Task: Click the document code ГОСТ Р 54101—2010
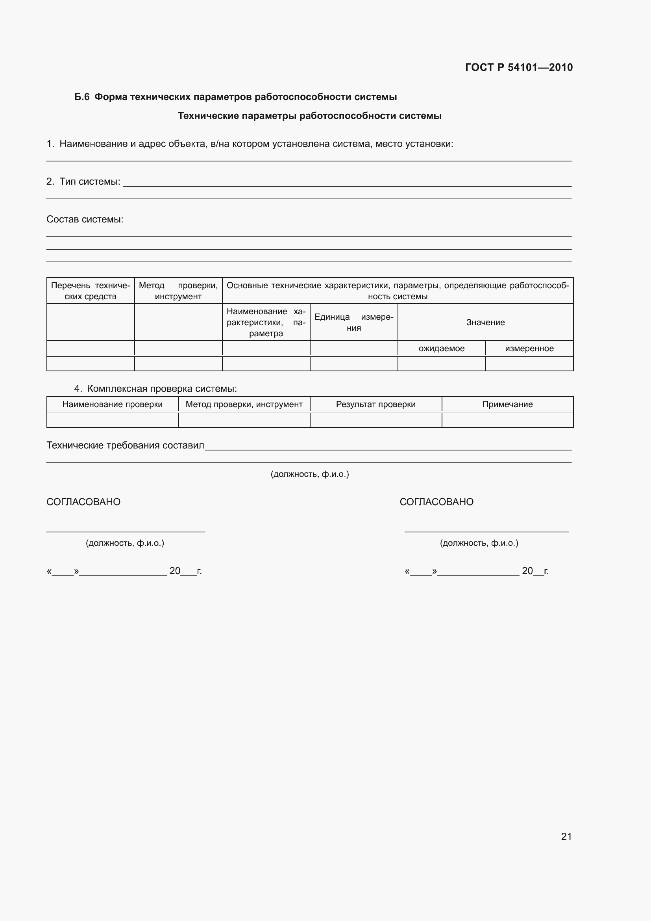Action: coord(519,67)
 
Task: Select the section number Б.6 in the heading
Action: coord(82,97)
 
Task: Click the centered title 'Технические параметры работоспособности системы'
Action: coord(309,116)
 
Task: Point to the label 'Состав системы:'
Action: coord(85,219)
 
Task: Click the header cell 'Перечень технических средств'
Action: coord(91,291)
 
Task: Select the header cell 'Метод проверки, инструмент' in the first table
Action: coord(178,291)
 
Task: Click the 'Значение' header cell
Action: coord(485,322)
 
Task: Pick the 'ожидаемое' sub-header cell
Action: coord(441,348)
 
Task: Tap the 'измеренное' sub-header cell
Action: coord(529,348)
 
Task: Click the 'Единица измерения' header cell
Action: coord(354,322)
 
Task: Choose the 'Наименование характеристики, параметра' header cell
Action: coord(266,322)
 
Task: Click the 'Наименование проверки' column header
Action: coord(113,404)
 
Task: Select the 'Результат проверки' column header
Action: coord(375,404)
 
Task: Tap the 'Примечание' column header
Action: coord(507,404)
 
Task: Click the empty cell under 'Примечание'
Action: coord(507,420)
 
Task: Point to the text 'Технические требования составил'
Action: coord(126,445)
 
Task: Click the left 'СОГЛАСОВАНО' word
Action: coord(83,502)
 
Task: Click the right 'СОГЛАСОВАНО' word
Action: coord(436,502)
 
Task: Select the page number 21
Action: coord(566,836)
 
